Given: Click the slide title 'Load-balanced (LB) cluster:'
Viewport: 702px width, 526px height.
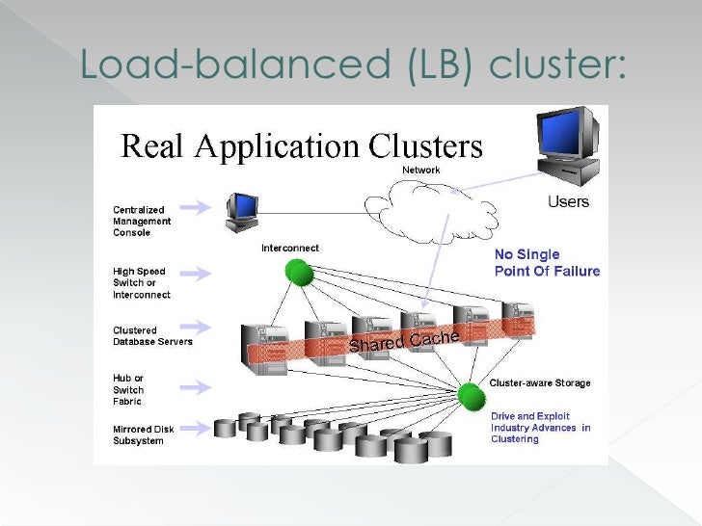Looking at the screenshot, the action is point(353,65).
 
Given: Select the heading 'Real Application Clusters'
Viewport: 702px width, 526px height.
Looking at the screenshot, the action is point(302,146).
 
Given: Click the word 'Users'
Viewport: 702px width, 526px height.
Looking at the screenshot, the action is point(568,201).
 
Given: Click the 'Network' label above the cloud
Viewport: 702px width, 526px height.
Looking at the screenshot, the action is point(420,170).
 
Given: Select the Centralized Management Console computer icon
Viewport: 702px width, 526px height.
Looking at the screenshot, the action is point(242,213).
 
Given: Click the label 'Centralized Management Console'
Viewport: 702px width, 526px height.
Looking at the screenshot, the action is point(142,221).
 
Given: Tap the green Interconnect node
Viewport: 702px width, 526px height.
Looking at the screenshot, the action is point(299,273).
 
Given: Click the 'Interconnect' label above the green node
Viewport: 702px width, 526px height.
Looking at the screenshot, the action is point(290,249).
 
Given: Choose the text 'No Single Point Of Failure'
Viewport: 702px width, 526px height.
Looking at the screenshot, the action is point(547,263).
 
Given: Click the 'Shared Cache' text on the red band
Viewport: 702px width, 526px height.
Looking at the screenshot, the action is point(404,341).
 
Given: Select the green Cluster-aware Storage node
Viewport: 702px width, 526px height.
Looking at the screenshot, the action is point(472,396).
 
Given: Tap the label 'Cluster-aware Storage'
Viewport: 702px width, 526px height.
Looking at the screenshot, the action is point(540,382).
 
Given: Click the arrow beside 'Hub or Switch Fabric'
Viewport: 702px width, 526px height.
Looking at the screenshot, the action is point(196,387).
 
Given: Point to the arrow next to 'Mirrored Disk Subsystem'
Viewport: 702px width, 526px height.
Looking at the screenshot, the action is point(196,429).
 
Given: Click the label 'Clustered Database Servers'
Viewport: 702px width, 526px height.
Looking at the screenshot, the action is point(152,336).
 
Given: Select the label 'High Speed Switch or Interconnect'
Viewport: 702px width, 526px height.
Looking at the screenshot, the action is point(142,283).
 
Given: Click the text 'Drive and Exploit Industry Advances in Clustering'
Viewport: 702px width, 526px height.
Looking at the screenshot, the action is point(540,428).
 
